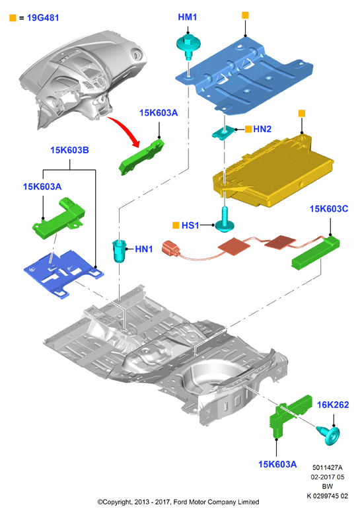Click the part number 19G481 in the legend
coord(43,18)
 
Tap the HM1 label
coord(188,17)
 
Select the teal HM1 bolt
coord(188,48)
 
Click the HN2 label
coord(262,129)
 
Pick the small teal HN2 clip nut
coord(225,132)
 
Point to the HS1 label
coord(190,225)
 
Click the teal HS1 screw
coord(224,219)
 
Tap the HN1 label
coord(144,249)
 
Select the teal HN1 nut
coord(120,251)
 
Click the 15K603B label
coord(69,150)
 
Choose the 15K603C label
coord(329,209)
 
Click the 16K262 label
coord(333,405)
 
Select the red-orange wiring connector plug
coord(170,249)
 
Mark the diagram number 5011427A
coord(327,467)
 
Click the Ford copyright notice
coord(178,502)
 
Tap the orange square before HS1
coord(176,225)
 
